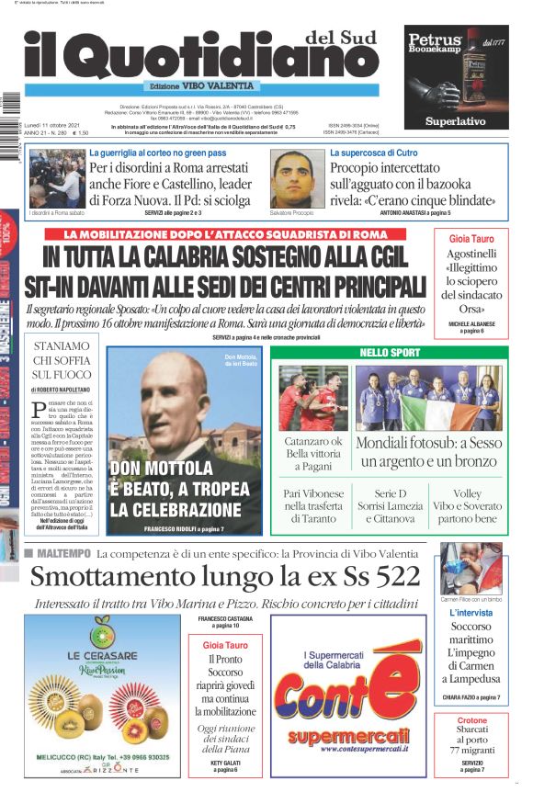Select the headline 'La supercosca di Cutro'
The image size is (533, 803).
point(373,153)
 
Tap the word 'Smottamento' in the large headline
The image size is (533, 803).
point(108,577)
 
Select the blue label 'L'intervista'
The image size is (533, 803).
point(471,613)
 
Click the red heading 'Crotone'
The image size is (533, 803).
point(471,720)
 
